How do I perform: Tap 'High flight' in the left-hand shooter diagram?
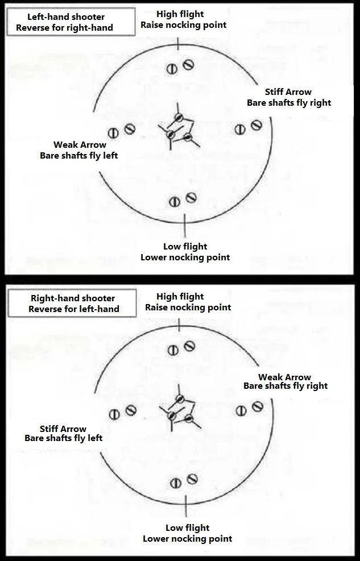pyautogui.click(x=180, y=14)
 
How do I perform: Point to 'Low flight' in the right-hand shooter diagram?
pyautogui.click(x=187, y=527)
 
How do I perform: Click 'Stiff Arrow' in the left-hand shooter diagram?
pyautogui.click(x=288, y=92)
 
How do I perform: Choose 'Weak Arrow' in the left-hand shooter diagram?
pyautogui.click(x=80, y=145)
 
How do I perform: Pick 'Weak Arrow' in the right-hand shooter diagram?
pyautogui.click(x=284, y=377)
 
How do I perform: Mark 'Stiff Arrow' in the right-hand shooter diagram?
pyautogui.click(x=63, y=429)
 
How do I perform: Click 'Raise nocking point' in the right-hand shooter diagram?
pyautogui.click(x=188, y=307)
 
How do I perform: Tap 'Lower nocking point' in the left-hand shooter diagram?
pyautogui.click(x=185, y=257)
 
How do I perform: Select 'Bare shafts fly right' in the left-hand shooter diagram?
pyautogui.click(x=289, y=103)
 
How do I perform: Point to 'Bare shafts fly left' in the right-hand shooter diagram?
pyautogui.click(x=63, y=438)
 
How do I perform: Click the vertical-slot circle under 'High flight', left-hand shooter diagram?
pyautogui.click(x=172, y=69)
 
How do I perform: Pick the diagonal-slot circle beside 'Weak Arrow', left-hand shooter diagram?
pyautogui.click(x=130, y=129)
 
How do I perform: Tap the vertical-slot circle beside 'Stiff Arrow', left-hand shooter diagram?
pyautogui.click(x=240, y=129)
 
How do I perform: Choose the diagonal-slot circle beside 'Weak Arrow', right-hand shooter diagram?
pyautogui.click(x=257, y=407)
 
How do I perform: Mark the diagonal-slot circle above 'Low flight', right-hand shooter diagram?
pyautogui.click(x=192, y=479)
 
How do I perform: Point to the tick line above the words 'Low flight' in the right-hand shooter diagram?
pyautogui.click(x=186, y=506)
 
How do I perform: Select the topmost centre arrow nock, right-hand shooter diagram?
pyautogui.click(x=180, y=399)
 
